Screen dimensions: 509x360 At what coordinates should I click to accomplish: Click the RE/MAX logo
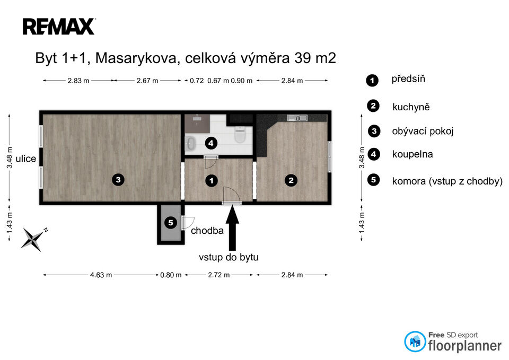(x=59, y=27)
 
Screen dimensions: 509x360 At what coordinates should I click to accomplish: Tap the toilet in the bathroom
(x=240, y=134)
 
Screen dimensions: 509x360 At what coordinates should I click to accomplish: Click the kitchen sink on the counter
(x=297, y=118)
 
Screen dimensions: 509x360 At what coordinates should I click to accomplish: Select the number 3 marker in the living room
(x=118, y=180)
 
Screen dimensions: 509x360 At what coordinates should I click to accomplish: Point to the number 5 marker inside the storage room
(x=170, y=223)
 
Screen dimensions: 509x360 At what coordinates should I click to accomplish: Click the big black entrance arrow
(x=232, y=227)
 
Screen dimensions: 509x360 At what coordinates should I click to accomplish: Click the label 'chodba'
(x=207, y=231)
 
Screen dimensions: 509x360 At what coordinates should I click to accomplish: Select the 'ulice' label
(x=25, y=159)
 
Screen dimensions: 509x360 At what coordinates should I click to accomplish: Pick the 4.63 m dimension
(x=101, y=275)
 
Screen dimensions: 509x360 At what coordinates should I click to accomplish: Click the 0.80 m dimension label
(x=171, y=275)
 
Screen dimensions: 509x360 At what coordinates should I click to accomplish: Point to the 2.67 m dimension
(x=147, y=81)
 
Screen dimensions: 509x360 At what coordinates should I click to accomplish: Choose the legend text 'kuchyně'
(x=411, y=107)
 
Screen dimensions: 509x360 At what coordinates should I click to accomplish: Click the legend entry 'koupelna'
(x=413, y=154)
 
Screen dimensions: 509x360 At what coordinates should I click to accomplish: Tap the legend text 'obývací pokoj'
(x=423, y=131)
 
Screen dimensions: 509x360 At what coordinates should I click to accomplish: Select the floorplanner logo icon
(x=415, y=341)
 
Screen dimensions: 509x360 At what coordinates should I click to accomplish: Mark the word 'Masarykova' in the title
(x=136, y=58)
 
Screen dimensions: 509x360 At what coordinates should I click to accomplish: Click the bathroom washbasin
(x=190, y=143)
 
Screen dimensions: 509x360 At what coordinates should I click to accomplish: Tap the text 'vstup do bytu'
(x=229, y=257)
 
